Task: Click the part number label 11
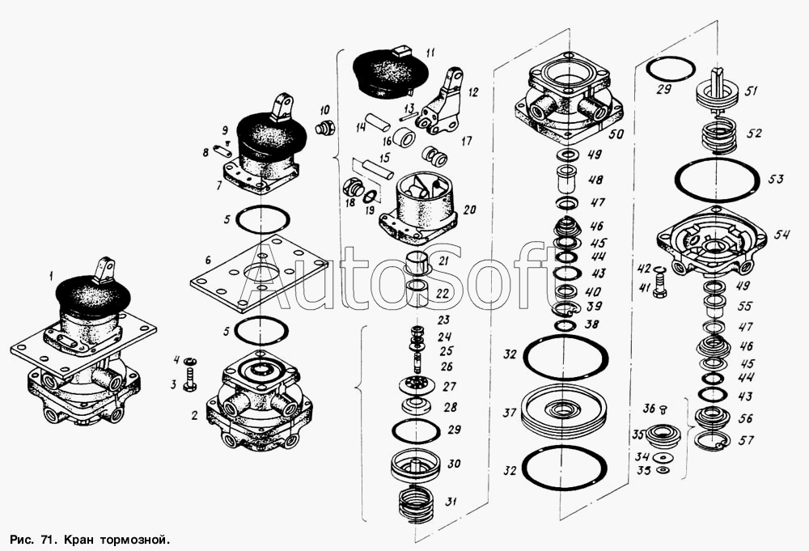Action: point(431,53)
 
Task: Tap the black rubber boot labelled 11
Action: point(391,72)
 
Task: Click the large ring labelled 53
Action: point(717,179)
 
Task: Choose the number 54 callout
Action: point(782,235)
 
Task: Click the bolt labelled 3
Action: point(189,379)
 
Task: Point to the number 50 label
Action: point(616,134)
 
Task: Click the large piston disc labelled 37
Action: point(565,408)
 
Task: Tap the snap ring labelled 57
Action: point(711,440)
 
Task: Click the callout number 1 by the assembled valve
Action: point(51,277)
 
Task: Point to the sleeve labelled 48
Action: point(566,179)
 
